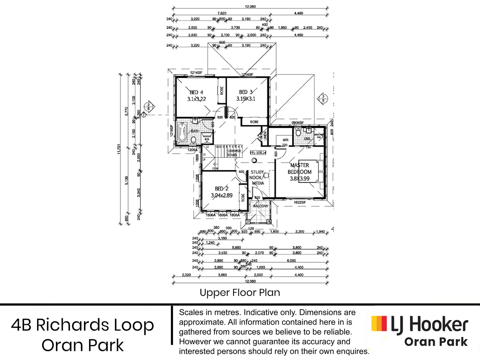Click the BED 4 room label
[196, 96]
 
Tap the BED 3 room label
[246, 95]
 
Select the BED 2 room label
[222, 192]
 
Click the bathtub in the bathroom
[182, 133]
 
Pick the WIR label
[285, 140]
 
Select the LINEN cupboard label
[265, 135]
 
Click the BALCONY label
[261, 206]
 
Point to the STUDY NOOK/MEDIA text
[257, 178]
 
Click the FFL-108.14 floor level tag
[258, 153]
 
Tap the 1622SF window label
[300, 202]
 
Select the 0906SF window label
[298, 123]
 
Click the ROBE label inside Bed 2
[243, 197]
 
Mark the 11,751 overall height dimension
[119, 149]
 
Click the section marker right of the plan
[323, 98]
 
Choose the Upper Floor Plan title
[240, 292]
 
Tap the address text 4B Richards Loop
[83, 325]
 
